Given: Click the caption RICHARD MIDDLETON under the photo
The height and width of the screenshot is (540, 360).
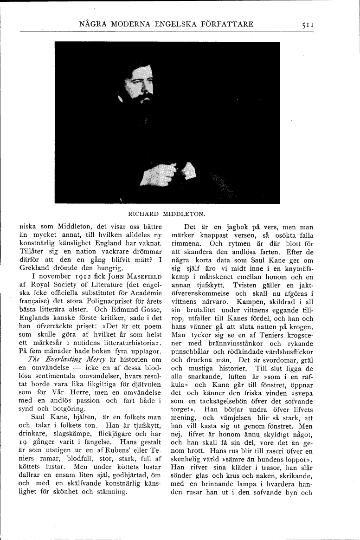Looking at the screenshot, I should tap(167, 214).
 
